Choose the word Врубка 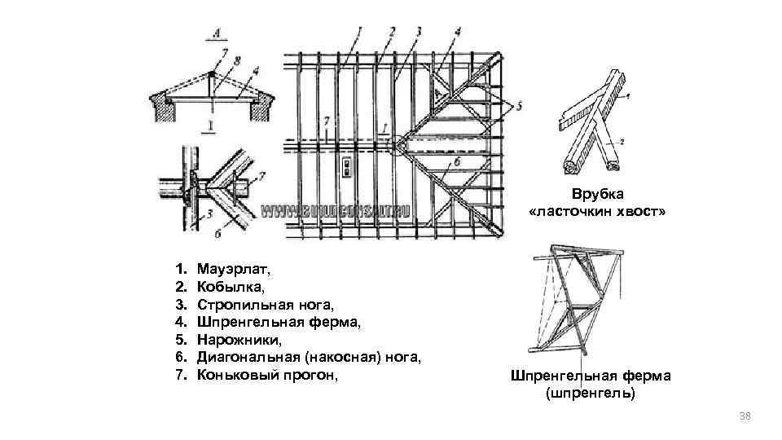click(597, 195)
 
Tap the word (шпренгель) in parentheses click(590, 394)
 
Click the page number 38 click(743, 416)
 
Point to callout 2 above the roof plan click(393, 32)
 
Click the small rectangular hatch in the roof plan click(348, 167)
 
